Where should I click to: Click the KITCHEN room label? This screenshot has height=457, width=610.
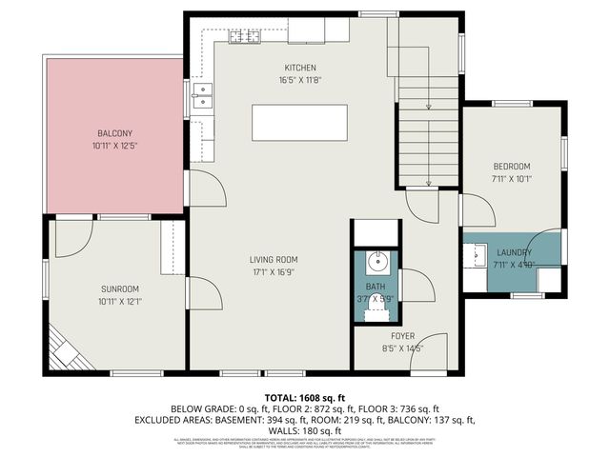pyautogui.click(x=299, y=68)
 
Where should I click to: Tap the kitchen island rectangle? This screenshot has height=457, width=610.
pyautogui.click(x=299, y=123)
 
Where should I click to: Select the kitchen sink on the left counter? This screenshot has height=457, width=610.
pyautogui.click(x=201, y=93)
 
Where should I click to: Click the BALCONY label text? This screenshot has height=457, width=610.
pyautogui.click(x=114, y=132)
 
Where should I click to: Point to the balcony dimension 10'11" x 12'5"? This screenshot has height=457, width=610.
pyautogui.click(x=114, y=146)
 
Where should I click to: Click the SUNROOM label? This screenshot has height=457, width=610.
pyautogui.click(x=120, y=288)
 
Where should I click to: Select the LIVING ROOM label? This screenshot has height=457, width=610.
pyautogui.click(x=274, y=259)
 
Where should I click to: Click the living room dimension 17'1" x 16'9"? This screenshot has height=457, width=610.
pyautogui.click(x=274, y=272)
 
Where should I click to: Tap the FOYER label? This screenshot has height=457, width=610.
pyautogui.click(x=402, y=336)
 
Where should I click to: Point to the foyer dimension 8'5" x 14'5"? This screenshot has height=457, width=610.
pyautogui.click(x=402, y=348)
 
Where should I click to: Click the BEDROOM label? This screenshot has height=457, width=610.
pyautogui.click(x=511, y=166)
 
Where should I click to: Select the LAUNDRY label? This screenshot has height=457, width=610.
pyautogui.click(x=514, y=252)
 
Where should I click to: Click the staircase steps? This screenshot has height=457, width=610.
pyautogui.click(x=428, y=124)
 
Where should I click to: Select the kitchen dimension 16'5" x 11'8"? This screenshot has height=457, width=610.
pyautogui.click(x=299, y=81)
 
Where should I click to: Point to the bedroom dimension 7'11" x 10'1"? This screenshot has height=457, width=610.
pyautogui.click(x=511, y=178)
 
